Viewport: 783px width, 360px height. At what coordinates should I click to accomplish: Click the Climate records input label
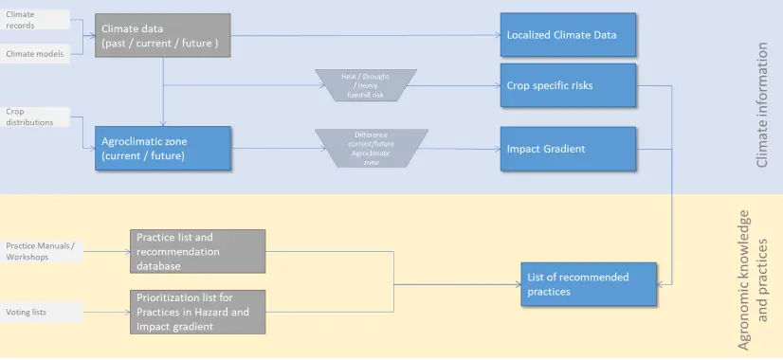33,19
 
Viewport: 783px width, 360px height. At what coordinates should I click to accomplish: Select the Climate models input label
34,54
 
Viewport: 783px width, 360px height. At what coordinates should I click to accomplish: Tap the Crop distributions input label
34,116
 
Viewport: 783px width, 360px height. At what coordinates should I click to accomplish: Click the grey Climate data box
162,35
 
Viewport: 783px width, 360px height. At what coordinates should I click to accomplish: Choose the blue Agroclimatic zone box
162,148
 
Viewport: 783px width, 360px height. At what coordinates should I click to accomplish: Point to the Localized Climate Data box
565,35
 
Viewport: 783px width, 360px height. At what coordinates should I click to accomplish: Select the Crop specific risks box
565,84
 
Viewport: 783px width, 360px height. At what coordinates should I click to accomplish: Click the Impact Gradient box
565,149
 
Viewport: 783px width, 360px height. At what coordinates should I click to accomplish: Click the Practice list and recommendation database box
197,252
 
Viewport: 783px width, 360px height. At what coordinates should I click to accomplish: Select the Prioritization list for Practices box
197,312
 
